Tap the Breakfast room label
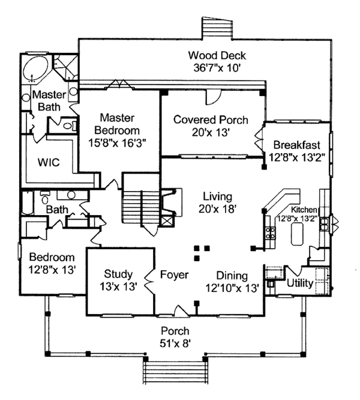click(x=296, y=145)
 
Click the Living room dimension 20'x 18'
click(x=217, y=209)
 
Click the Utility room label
click(x=299, y=282)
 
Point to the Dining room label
click(x=232, y=276)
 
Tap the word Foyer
click(x=175, y=275)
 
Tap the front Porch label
click(x=175, y=331)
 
